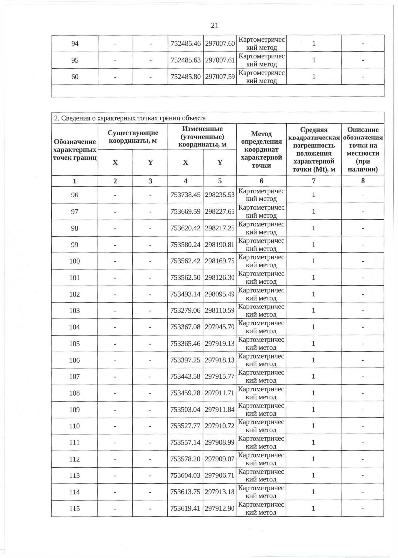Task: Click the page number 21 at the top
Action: click(214, 25)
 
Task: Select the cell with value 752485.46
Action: click(185, 44)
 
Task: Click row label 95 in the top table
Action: click(75, 60)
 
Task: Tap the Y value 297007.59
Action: click(220, 77)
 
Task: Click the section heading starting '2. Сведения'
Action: click(130, 118)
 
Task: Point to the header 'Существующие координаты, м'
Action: click(133, 137)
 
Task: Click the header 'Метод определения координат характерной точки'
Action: click(261, 149)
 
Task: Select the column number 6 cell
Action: click(261, 181)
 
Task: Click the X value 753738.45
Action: click(185, 195)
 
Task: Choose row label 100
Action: click(75, 261)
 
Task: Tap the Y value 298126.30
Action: click(220, 278)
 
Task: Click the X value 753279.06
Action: click(185, 310)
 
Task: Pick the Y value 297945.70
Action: click(220, 327)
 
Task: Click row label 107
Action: click(75, 376)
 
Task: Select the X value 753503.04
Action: click(185, 410)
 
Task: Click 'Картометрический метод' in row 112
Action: click(261, 459)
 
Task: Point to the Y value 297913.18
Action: click(220, 492)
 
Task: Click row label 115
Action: click(75, 508)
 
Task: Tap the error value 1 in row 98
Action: click(313, 228)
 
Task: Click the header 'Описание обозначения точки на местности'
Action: click(363, 149)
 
